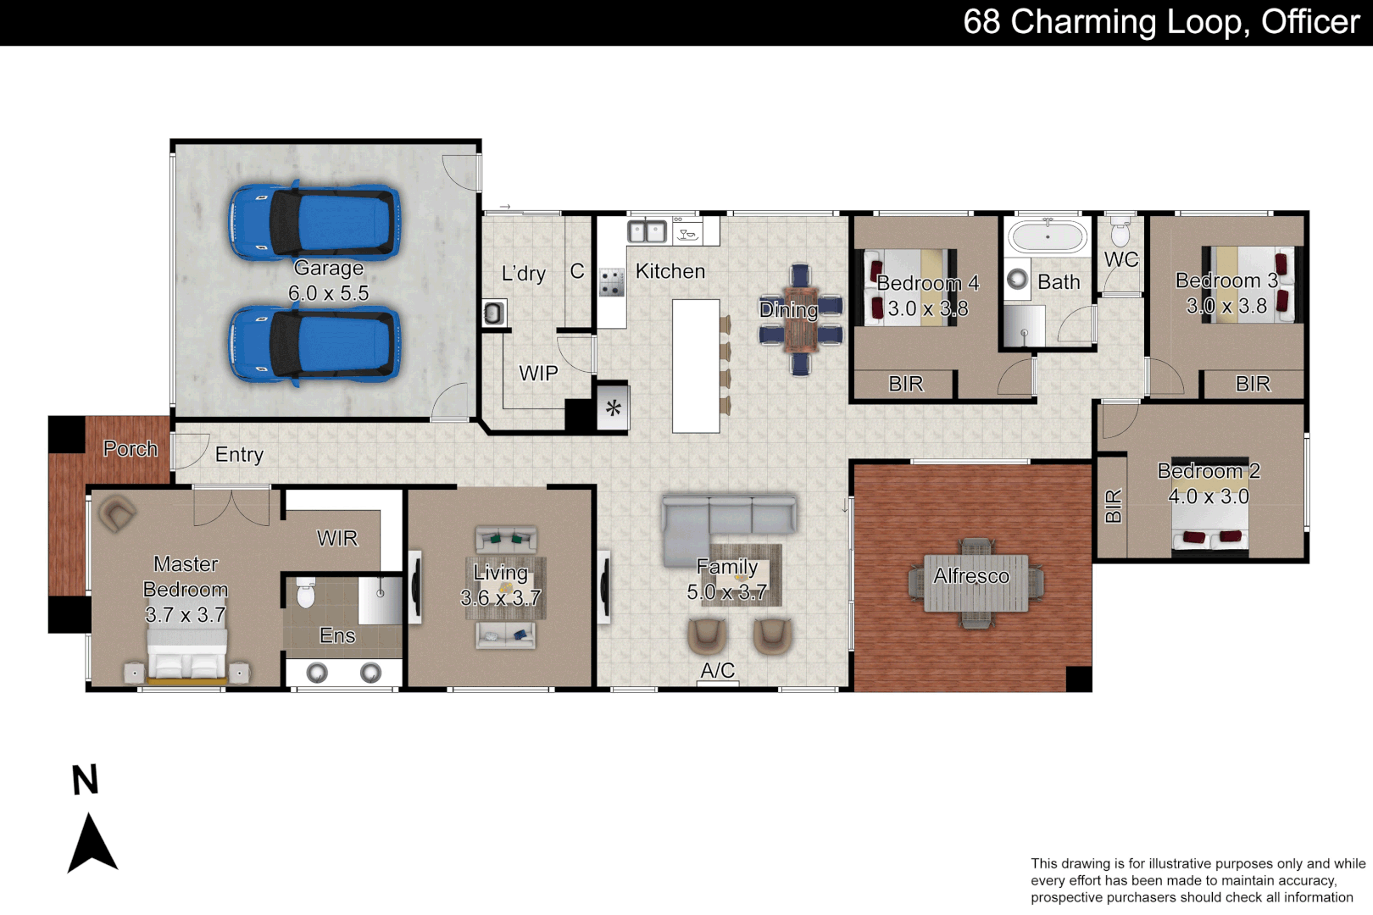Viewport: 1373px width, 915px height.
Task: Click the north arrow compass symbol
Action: coord(92,842)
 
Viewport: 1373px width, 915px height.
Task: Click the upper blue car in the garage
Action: coord(314,222)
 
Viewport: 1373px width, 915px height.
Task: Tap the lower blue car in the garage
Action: coord(314,346)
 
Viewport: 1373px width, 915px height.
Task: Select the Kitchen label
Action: coord(670,271)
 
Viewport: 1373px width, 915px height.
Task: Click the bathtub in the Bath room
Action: coord(1048,236)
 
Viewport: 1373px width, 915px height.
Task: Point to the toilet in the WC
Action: coord(1120,230)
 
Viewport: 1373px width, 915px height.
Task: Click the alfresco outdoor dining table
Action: coord(976,583)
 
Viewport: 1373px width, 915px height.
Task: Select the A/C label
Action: coord(717,670)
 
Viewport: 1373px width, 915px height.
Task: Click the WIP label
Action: coord(538,373)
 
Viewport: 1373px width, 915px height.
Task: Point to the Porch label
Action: coord(130,448)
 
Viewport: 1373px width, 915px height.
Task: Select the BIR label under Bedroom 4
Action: coord(905,384)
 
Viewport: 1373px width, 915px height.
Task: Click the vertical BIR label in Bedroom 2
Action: coord(1113,506)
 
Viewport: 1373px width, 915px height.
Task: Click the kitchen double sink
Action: coord(647,230)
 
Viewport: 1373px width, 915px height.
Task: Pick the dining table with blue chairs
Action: coord(800,320)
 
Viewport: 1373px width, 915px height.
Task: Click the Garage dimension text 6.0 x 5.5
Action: coord(328,293)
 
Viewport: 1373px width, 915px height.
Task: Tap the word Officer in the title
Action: coord(1309,22)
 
